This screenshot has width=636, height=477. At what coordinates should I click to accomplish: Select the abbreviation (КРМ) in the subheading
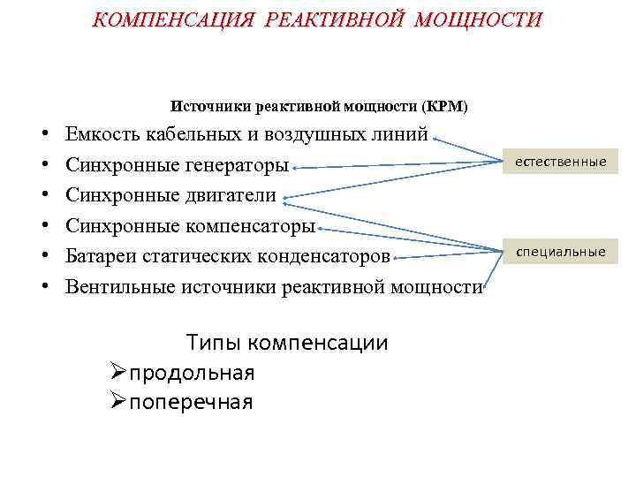coord(445,106)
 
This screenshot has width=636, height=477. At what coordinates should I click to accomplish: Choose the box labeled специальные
coord(561,253)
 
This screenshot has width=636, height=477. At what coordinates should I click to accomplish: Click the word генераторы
coord(237,165)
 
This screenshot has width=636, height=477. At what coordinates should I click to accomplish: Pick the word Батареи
coord(99,255)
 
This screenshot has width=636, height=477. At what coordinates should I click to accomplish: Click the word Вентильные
coord(119,285)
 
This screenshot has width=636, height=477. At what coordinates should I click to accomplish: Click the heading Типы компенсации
coord(287,343)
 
